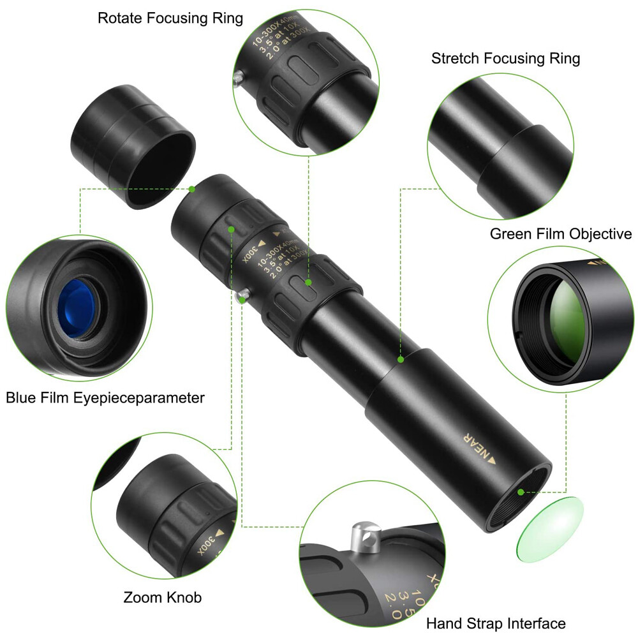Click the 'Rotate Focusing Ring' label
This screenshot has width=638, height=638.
pos(170,19)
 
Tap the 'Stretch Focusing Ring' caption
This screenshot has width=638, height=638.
pos(505,59)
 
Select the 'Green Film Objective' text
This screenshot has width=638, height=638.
pos(560,234)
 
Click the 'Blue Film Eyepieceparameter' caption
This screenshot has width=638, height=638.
pos(105,398)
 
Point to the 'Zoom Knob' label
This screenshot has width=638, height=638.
pos(162,598)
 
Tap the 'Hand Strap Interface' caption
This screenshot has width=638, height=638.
pos(496,623)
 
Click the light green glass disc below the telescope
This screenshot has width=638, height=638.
pos(549,529)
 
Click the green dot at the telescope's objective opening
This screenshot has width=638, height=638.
pos(521,492)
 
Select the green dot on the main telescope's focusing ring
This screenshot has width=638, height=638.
pos(308,281)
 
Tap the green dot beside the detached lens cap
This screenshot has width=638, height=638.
pos(192,188)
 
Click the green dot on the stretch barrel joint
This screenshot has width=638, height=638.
pos(401,359)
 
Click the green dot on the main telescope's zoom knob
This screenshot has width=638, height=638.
pos(231,228)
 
